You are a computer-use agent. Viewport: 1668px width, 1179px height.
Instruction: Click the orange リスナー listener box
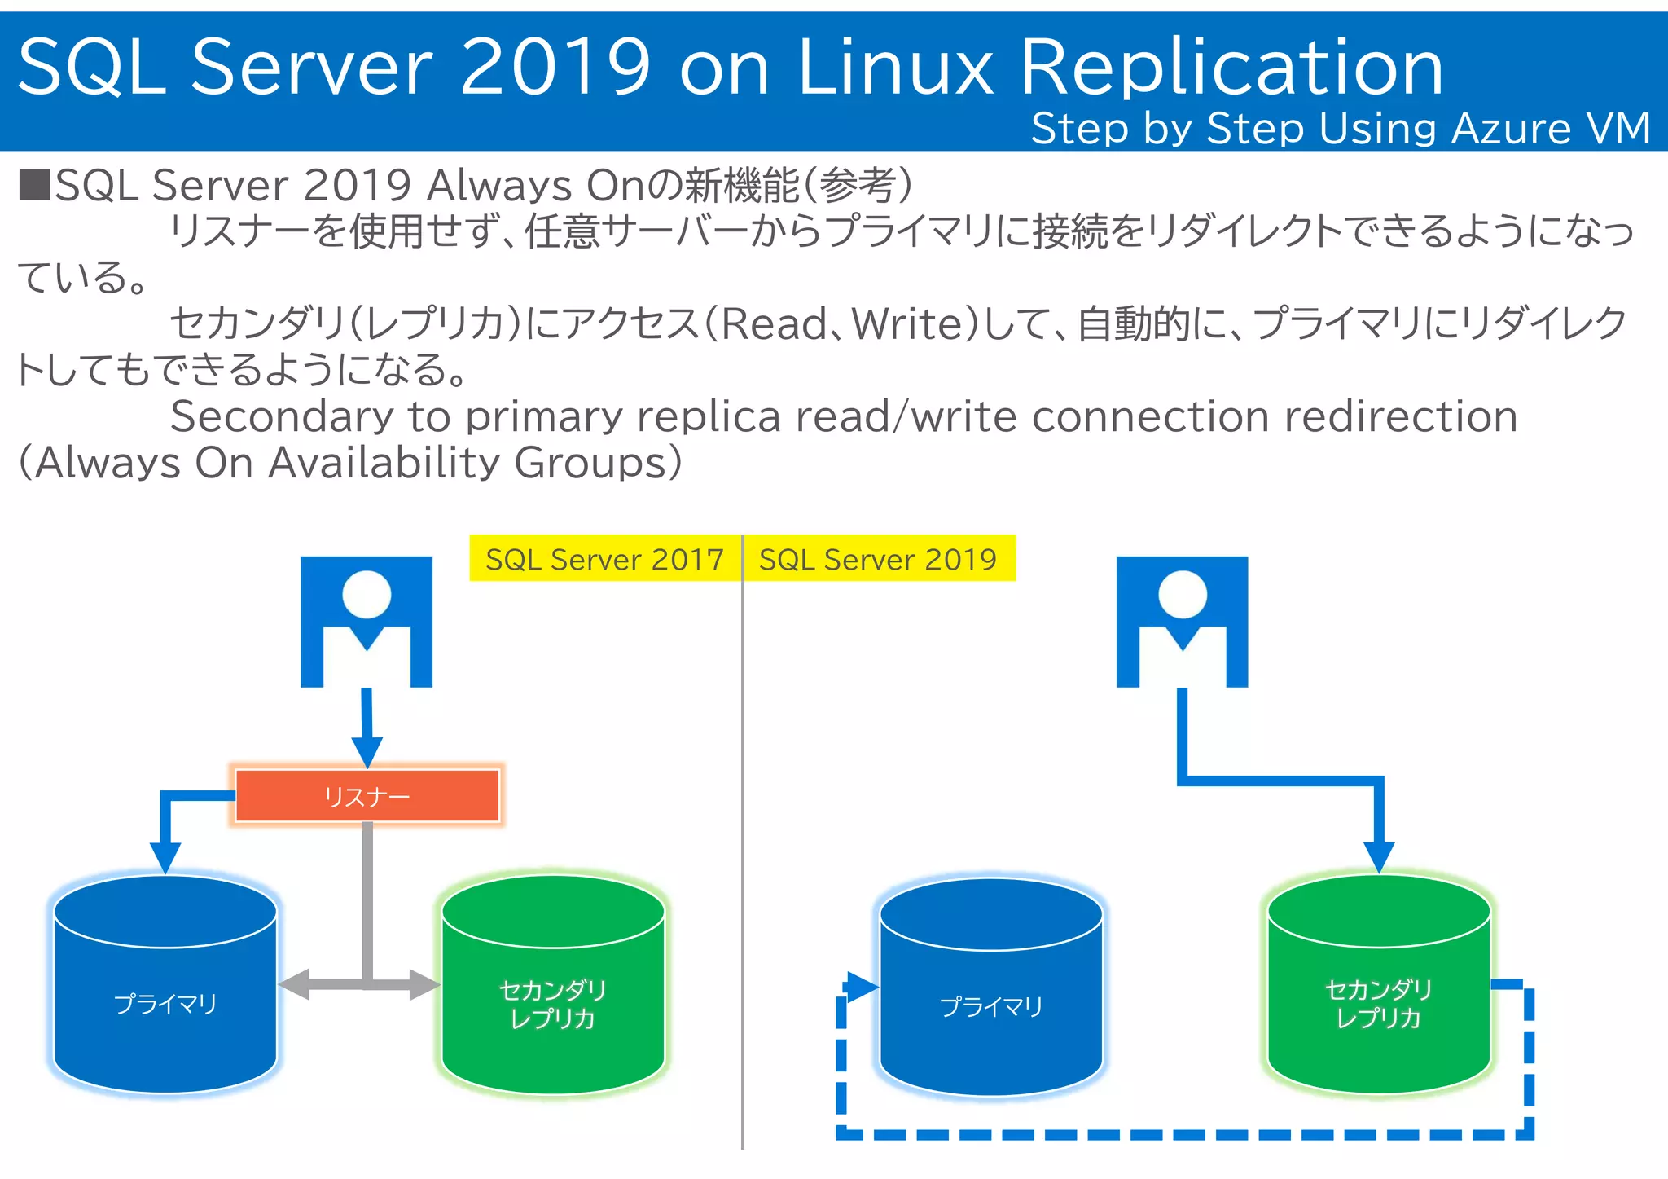point(367,795)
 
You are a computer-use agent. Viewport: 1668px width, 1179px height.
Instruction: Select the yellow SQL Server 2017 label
point(604,559)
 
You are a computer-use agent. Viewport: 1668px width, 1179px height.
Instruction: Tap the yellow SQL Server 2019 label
point(878,559)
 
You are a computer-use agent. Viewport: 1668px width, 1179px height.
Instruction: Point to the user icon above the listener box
point(367,621)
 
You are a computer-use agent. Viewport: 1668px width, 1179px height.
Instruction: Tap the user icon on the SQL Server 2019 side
point(1182,621)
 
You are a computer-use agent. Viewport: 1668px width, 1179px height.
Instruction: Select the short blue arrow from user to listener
point(367,725)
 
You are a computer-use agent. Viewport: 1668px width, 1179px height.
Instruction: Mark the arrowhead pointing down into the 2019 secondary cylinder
point(1379,857)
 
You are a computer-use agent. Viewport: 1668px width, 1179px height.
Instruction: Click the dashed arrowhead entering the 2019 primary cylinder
point(862,987)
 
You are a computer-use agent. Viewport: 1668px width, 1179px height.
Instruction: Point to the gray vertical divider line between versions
point(743,856)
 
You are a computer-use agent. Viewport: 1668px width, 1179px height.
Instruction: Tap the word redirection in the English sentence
point(1401,417)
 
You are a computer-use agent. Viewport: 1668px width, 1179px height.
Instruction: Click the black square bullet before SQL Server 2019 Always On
point(34,185)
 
